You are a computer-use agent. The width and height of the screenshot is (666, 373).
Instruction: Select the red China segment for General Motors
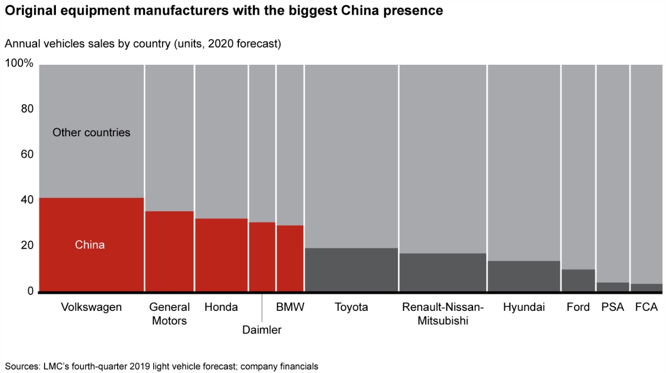pyautogui.click(x=169, y=251)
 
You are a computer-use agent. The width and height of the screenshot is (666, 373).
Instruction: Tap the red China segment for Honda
pyautogui.click(x=221, y=254)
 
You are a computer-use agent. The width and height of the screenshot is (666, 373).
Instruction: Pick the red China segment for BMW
pyautogui.click(x=290, y=258)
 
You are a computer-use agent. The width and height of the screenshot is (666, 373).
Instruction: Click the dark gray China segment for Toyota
pyautogui.click(x=351, y=269)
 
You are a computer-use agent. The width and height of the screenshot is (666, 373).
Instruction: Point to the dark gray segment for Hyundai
pyautogui.click(x=524, y=275)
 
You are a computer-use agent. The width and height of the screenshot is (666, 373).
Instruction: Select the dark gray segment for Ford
pyautogui.click(x=578, y=280)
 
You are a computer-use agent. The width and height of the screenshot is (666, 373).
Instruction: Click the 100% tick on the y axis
pyautogui.click(x=19, y=64)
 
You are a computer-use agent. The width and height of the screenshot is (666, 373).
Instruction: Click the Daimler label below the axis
pyautogui.click(x=262, y=330)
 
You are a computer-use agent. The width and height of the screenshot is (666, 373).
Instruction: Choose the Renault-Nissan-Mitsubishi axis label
pyautogui.click(x=443, y=314)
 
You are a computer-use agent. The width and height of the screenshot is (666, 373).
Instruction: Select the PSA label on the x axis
pyautogui.click(x=613, y=307)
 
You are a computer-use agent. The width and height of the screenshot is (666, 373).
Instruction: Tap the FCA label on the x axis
pyautogui.click(x=646, y=307)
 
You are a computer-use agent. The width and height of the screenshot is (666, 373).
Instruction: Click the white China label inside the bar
pyautogui.click(x=90, y=244)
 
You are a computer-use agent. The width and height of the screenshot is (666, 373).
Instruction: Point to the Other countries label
pyautogui.click(x=91, y=133)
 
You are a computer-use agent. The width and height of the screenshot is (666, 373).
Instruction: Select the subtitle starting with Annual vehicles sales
pyautogui.click(x=143, y=44)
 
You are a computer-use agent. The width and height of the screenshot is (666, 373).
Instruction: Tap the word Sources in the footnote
pyautogui.click(x=22, y=366)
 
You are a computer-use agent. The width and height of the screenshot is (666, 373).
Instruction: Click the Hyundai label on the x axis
pyautogui.click(x=524, y=307)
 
